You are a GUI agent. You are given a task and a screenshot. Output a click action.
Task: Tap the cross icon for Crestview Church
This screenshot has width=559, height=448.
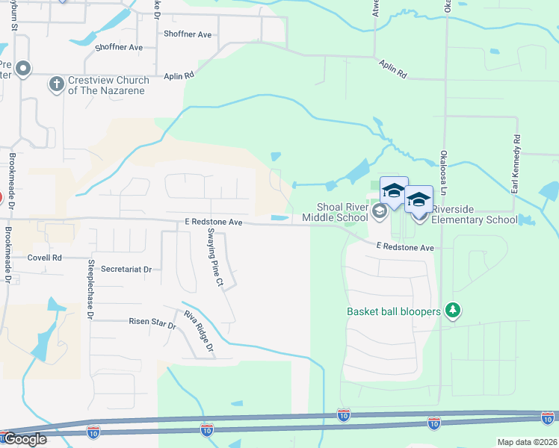click(x=56, y=84)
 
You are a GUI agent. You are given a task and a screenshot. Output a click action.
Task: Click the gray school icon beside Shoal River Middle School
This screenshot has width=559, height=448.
click(x=379, y=213)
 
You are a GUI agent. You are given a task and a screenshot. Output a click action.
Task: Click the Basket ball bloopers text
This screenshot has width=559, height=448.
click(x=393, y=311)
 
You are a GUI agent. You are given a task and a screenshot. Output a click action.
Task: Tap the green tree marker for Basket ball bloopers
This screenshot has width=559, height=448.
click(x=451, y=310)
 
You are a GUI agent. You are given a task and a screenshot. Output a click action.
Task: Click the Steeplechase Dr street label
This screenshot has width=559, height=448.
click(x=89, y=290)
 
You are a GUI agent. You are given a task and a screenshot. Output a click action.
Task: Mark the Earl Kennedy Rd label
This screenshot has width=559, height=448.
click(x=515, y=164)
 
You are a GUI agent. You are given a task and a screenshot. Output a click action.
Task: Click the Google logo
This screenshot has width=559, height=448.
click(x=24, y=438)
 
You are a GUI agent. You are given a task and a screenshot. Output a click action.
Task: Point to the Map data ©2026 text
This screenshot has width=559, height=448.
click(x=527, y=442)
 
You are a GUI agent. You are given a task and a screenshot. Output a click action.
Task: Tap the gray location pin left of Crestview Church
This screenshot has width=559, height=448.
click(x=23, y=69)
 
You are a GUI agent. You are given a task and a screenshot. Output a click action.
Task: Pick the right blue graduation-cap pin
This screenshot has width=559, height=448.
click(x=419, y=201)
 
